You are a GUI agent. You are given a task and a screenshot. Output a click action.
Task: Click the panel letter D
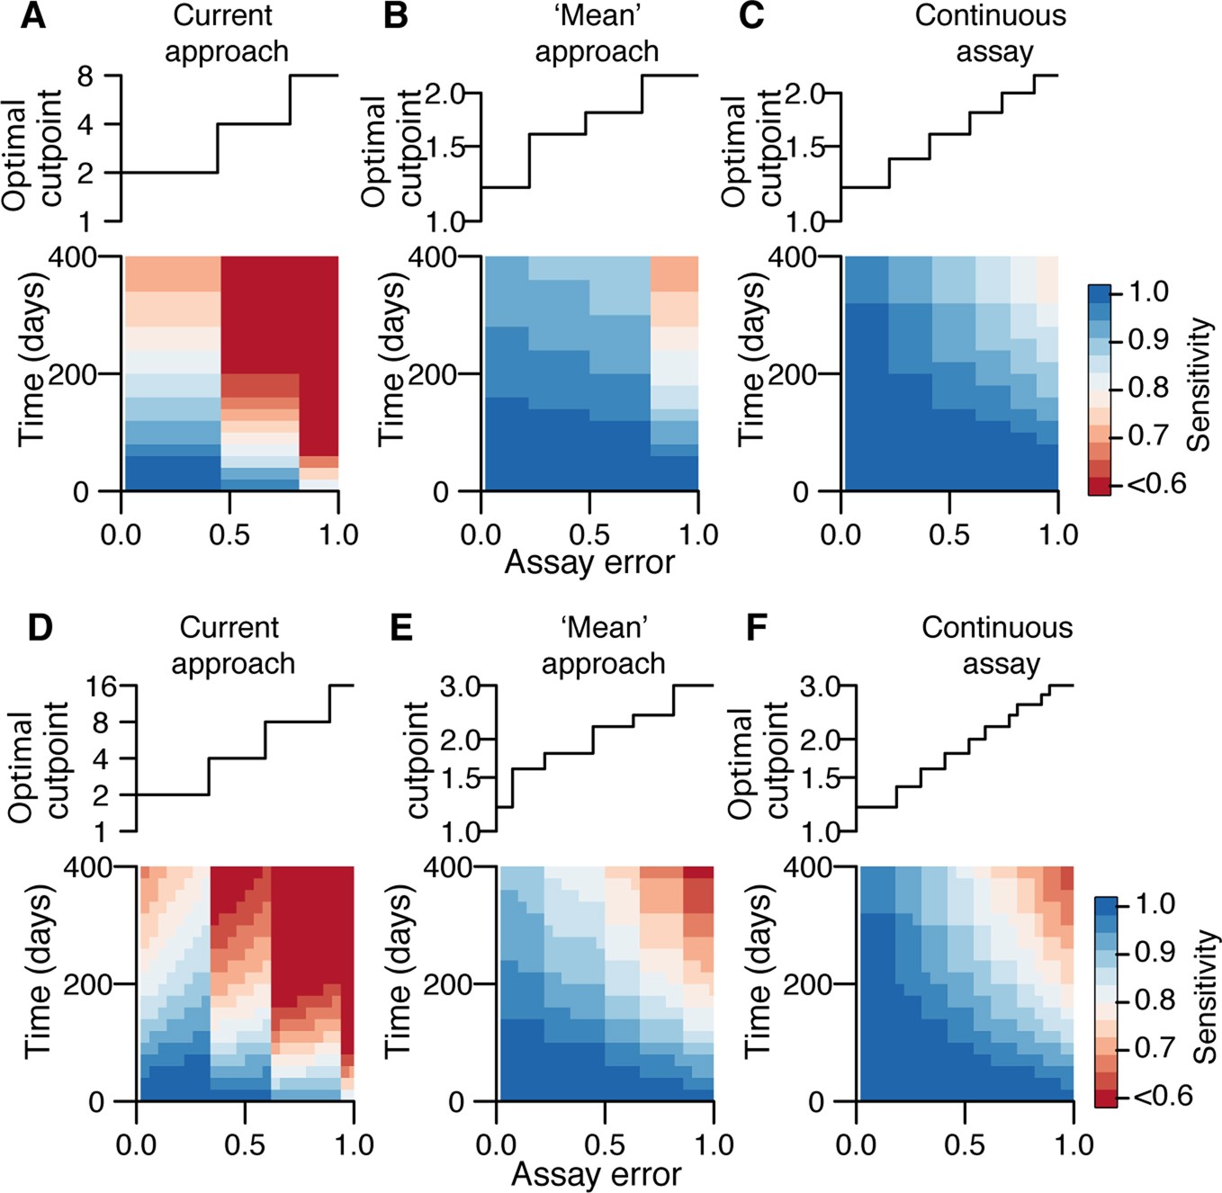point(40,627)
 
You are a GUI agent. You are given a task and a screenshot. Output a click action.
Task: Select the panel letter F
point(758,627)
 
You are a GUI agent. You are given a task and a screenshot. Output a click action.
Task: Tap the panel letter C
point(751,16)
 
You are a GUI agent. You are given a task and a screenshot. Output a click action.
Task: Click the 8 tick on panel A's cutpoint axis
point(85,76)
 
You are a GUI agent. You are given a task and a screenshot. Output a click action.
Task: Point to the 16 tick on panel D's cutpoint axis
point(102,686)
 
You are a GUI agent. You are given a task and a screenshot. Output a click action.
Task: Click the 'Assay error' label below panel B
point(589,562)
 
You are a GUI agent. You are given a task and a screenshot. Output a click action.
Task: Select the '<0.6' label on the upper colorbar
point(1156,484)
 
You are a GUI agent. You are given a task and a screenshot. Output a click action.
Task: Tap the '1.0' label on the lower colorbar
point(1154,903)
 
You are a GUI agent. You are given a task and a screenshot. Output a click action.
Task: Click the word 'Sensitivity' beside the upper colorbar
point(1199,385)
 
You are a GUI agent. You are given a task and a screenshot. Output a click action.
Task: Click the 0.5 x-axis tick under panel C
point(949,534)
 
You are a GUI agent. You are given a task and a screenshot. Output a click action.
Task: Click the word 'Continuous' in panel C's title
point(990,16)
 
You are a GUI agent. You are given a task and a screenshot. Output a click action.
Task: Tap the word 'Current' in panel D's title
point(229,627)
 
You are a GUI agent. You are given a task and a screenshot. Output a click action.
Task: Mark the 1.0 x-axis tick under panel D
point(354,1144)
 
